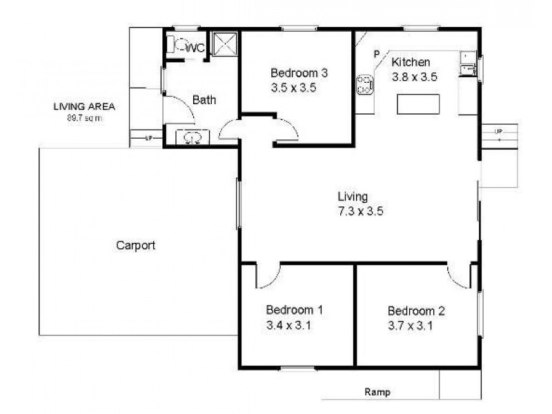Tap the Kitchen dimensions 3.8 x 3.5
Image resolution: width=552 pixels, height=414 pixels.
point(414,77)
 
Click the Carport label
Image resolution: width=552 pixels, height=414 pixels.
point(135,245)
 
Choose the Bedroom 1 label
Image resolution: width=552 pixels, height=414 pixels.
point(289,310)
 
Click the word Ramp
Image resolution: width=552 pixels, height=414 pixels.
point(377,393)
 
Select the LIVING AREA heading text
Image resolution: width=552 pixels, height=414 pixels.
point(83,107)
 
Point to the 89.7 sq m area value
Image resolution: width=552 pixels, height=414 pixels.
point(83,118)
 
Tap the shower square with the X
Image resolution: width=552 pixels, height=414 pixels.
point(224,45)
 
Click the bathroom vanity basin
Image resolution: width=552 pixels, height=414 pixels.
point(192,137)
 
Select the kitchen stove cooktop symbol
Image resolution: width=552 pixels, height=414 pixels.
point(364,85)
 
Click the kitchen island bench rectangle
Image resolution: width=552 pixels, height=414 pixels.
point(419,104)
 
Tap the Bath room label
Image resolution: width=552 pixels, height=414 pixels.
point(204,100)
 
